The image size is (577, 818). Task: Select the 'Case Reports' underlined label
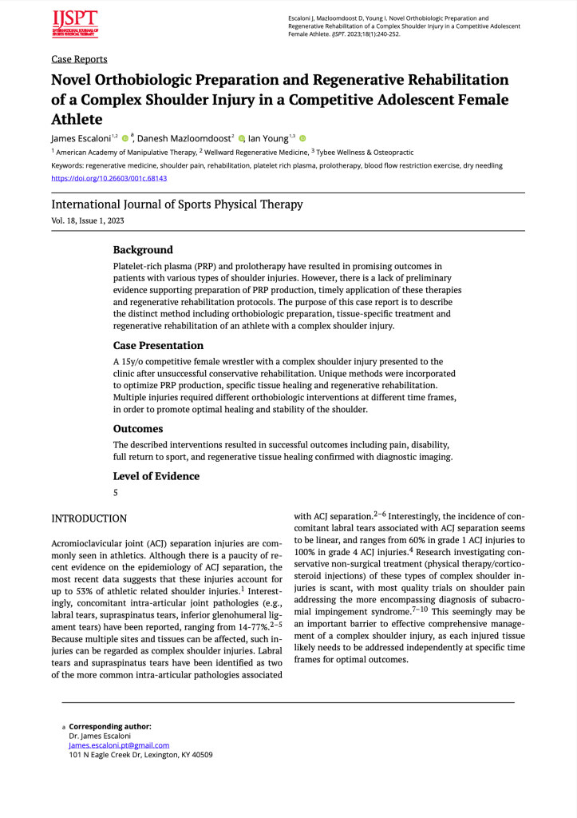point(79,59)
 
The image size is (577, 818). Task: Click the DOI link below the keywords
point(109,178)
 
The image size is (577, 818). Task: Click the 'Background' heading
point(143,250)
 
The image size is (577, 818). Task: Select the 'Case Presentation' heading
point(158,346)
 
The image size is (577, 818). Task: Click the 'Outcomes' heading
point(138,429)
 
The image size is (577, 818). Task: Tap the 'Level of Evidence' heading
point(156,476)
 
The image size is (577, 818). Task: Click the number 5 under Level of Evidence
point(116,493)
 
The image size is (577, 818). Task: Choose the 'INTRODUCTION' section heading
point(89,518)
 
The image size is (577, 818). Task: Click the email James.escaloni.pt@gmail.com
point(119,745)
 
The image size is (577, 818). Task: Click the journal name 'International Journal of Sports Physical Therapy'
point(177,204)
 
